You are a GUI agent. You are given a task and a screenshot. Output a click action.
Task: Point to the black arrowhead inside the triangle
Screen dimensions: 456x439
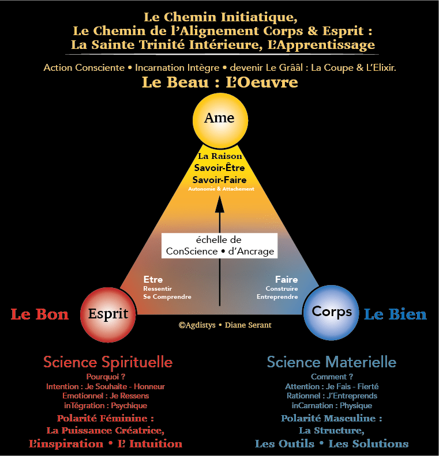[x=219, y=204]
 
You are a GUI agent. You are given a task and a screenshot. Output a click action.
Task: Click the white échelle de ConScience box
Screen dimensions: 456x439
[x=219, y=246]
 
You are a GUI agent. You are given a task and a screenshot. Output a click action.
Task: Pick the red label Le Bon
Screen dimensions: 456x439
[x=40, y=314]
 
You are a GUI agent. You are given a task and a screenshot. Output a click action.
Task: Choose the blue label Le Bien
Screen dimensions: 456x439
[x=395, y=314]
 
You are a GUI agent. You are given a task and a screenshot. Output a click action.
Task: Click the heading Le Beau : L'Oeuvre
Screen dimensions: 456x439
[x=220, y=82]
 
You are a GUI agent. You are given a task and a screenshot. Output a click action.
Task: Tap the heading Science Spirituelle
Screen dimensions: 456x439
[x=108, y=362]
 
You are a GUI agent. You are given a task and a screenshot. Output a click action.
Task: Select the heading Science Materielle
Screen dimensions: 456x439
[x=331, y=362]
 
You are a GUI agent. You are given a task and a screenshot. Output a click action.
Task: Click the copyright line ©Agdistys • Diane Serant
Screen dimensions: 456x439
[x=225, y=325]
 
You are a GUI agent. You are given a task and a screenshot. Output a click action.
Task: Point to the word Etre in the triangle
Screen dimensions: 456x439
[x=153, y=280]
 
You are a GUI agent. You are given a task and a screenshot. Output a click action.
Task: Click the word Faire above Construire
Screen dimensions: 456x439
[x=286, y=280]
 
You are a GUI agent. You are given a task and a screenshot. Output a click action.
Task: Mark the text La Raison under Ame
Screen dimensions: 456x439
[x=220, y=156]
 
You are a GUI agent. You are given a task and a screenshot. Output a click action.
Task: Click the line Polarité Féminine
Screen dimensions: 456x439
[x=105, y=419]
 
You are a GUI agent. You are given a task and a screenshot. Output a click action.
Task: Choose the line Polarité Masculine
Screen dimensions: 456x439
[x=332, y=419]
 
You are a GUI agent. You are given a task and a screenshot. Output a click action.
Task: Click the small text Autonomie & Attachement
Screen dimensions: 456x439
[x=220, y=189]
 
